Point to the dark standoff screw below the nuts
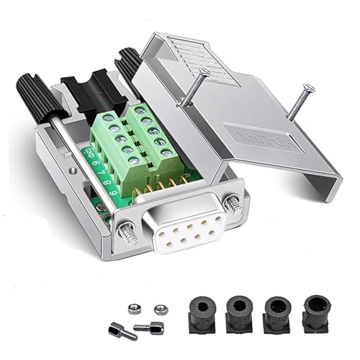153,328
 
